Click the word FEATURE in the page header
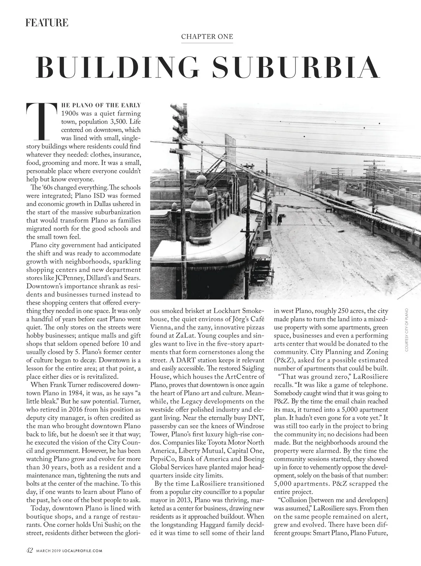(47, 23)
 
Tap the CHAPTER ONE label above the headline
(207, 36)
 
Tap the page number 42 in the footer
(30, 550)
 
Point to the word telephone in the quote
(373, 385)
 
